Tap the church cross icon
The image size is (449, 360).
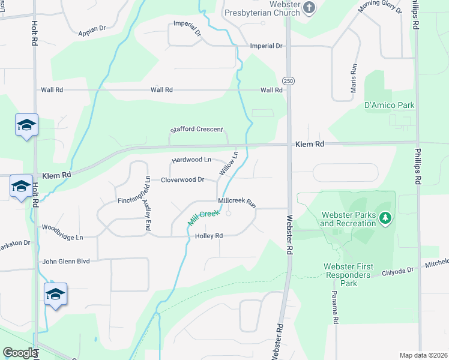point(309,7)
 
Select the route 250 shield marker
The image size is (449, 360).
point(289,80)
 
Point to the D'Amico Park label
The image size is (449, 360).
point(390,105)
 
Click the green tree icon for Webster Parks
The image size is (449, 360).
point(386,219)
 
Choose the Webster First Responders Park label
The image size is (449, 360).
point(349,275)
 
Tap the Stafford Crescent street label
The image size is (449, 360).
point(196,130)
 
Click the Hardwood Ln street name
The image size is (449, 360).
point(191,160)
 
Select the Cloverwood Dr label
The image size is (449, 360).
point(182,179)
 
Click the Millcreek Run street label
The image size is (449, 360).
point(237,202)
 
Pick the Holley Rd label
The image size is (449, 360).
point(209,236)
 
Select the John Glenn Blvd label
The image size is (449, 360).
point(66,262)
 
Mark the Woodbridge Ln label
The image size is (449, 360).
point(62,238)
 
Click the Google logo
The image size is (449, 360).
point(19,353)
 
